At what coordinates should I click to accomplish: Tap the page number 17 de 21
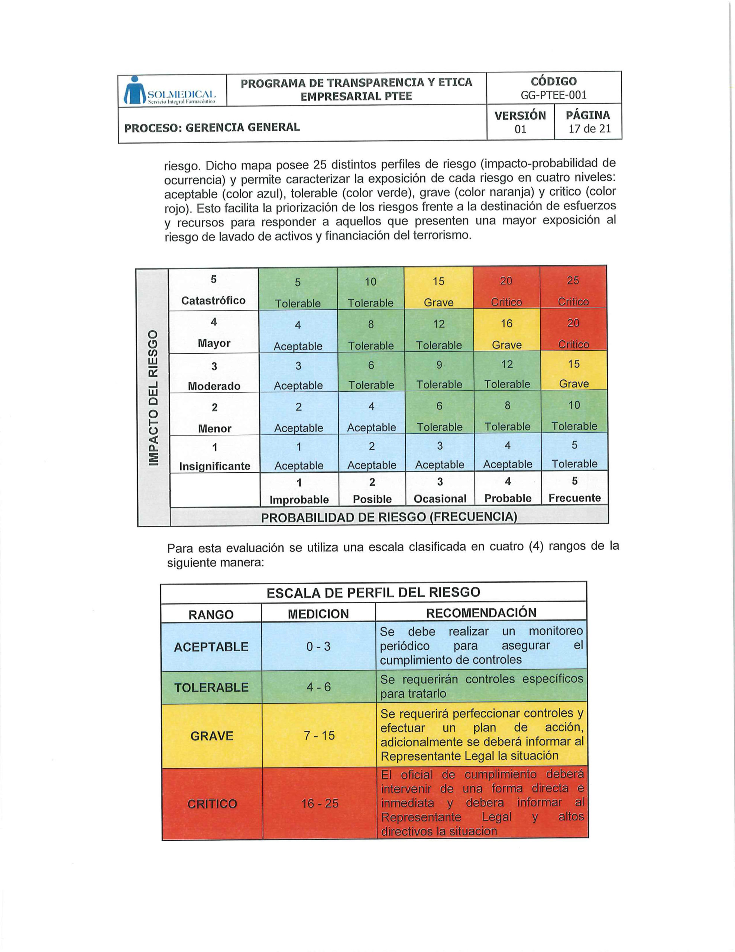589,129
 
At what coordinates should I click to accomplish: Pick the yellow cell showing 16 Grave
507,334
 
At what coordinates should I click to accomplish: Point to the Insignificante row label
215,466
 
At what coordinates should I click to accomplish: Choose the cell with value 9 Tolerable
439,374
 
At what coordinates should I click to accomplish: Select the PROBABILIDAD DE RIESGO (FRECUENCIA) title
389,517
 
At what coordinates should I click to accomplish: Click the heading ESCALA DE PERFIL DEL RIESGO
373,592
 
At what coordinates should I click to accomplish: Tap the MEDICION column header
318,614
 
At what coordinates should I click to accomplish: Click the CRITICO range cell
212,803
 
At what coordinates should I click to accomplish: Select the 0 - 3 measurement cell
318,646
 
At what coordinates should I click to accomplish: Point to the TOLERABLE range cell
211,687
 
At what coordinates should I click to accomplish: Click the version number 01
520,129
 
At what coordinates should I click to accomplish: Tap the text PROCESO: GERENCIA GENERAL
212,127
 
